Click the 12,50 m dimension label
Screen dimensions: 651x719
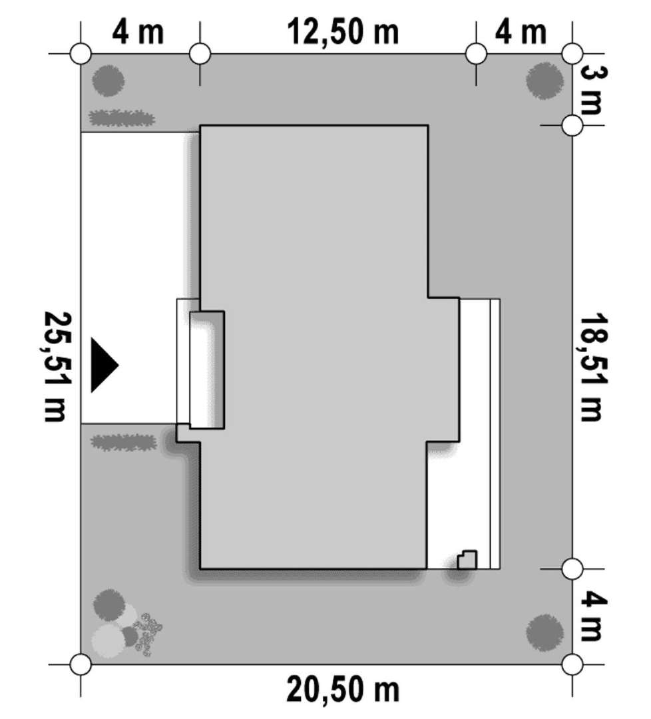[x=343, y=33]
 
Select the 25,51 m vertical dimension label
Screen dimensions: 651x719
[x=57, y=366]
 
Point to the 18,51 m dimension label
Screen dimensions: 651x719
[x=594, y=367]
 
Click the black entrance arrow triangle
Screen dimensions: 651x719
[x=105, y=365]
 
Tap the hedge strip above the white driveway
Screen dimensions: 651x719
[x=122, y=119]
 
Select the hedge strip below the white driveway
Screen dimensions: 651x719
[x=123, y=443]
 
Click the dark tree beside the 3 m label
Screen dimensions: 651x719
[x=544, y=81]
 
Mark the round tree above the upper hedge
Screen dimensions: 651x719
[x=108, y=81]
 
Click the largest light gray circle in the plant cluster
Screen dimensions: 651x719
[x=108, y=640]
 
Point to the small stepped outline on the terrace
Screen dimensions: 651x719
[x=467, y=560]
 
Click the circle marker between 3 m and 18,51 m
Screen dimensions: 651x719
[x=572, y=124]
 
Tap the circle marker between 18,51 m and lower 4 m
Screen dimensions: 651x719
[x=572, y=569]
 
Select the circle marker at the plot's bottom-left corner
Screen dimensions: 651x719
[x=81, y=664]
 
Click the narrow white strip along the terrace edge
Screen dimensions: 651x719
[x=495, y=434]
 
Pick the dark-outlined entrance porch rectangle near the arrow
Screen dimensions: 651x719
[x=207, y=370]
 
